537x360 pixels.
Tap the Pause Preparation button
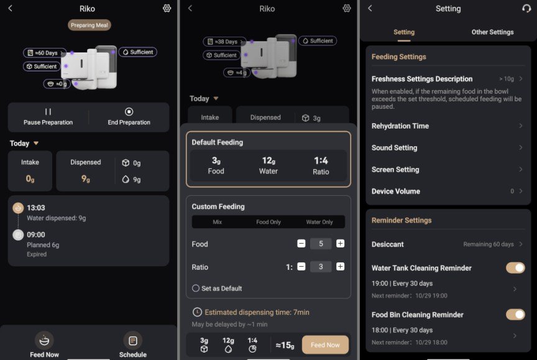click(48, 117)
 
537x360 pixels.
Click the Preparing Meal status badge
click(89, 25)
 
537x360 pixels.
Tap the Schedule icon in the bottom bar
click(133, 341)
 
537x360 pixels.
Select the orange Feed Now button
click(325, 344)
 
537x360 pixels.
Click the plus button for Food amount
click(340, 244)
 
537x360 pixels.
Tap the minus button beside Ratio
click(301, 267)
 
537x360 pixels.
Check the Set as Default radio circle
click(196, 288)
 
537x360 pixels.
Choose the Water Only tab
click(319, 222)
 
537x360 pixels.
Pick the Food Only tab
click(268, 222)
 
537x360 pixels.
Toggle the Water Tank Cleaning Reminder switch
click(515, 268)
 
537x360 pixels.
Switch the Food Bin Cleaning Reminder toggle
click(515, 315)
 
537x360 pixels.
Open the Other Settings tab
click(492, 32)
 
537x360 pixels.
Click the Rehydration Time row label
click(400, 126)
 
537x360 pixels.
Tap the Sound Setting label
click(394, 147)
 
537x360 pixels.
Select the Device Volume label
click(395, 191)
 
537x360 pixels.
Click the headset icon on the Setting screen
click(526, 8)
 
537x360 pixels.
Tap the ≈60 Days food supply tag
click(45, 53)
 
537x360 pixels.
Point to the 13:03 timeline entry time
click(36, 208)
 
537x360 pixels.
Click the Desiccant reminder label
click(387, 244)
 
